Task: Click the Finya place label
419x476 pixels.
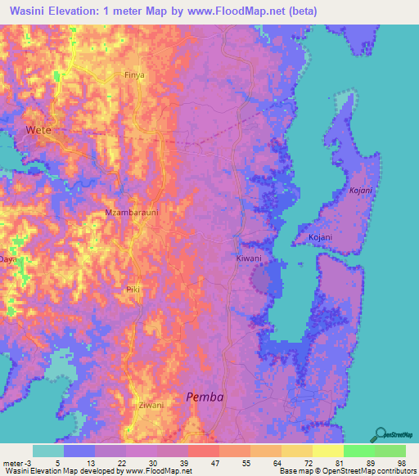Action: [134, 74]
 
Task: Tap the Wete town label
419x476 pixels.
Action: [38, 130]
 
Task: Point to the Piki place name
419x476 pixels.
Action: [133, 290]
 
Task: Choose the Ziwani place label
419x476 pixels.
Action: [151, 405]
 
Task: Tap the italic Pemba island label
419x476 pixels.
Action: [205, 397]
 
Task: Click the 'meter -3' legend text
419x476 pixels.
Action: [16, 462]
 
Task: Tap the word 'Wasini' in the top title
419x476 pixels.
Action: [34, 11]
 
